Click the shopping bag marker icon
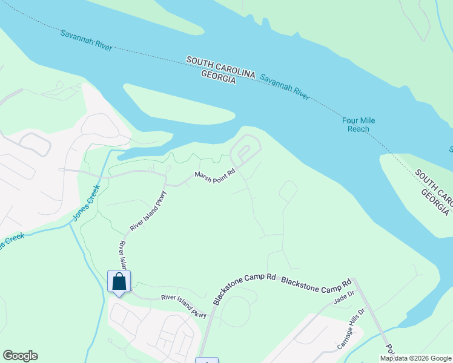119,281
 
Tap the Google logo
20,356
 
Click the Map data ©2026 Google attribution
416,358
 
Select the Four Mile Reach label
359,125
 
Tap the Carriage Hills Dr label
351,330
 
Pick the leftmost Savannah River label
85,39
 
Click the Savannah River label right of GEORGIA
285,86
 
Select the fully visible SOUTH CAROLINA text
220,67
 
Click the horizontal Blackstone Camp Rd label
316,283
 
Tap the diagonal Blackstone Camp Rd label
243,289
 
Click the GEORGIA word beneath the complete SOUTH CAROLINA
218,76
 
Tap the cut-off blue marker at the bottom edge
207,361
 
